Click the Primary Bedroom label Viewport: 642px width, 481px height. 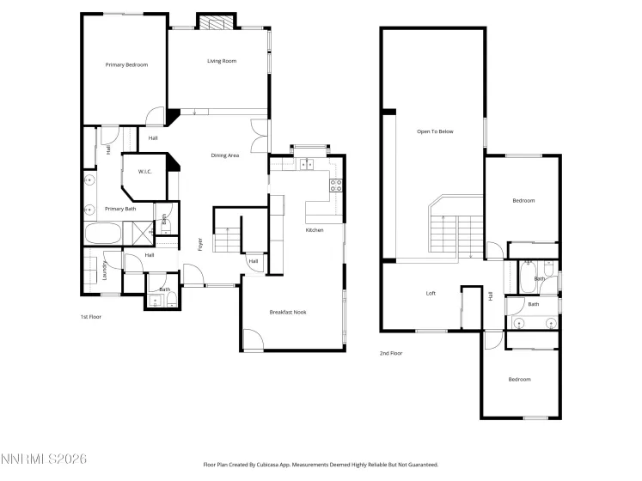pos(126,64)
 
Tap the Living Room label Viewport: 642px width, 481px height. pos(222,61)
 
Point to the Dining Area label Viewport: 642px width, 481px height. pos(225,155)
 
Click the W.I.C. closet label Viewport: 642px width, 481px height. pos(145,172)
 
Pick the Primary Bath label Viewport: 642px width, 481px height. pos(120,209)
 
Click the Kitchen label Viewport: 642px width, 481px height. pos(315,230)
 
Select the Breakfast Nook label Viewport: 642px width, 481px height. pos(288,312)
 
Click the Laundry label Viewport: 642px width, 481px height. pos(105,271)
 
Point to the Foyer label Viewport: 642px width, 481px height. pos(200,244)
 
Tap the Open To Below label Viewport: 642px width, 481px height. pos(435,131)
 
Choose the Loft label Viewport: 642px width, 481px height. pos(431,294)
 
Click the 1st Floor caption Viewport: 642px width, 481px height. pos(92,317)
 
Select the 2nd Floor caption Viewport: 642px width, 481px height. pos(391,353)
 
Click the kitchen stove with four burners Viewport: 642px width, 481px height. pos(337,183)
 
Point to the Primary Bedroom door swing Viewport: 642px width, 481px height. pos(154,116)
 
